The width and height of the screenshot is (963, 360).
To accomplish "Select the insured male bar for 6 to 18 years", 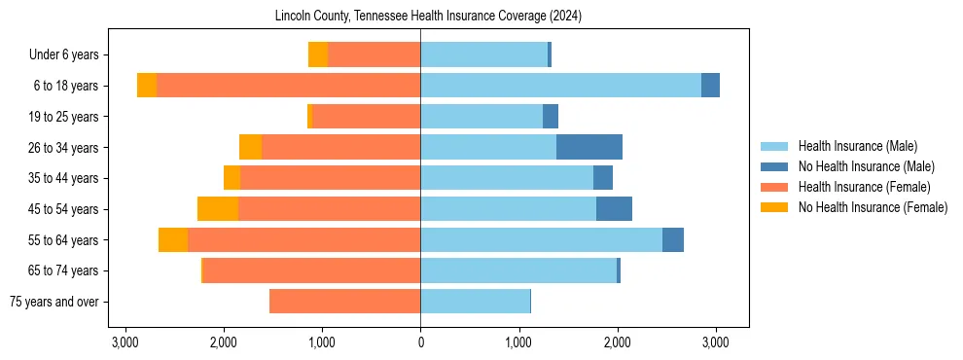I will [560, 86].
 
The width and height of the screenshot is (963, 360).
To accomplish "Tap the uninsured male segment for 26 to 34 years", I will [588, 147].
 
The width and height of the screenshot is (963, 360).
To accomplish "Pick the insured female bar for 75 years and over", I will [344, 302].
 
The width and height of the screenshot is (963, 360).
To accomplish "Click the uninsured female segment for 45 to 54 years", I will [217, 209].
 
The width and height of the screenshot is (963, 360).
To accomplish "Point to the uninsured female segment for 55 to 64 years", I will [173, 240].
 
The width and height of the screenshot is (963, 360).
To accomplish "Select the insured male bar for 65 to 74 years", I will [518, 270].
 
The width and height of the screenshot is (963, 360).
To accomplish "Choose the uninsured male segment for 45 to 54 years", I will [614, 209].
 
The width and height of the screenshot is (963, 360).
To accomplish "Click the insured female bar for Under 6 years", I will [374, 54].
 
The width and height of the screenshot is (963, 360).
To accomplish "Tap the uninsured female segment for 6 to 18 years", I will [147, 86].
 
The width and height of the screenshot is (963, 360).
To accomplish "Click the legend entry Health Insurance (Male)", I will [857, 146].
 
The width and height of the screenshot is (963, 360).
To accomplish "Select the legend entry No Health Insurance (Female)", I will [873, 207].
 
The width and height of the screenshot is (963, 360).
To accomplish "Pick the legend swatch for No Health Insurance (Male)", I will [774, 166].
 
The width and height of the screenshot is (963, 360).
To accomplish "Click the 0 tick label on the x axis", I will [420, 342].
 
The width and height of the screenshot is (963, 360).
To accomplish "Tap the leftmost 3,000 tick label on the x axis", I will [125, 342].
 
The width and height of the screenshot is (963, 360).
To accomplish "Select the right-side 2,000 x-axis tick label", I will [617, 342].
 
